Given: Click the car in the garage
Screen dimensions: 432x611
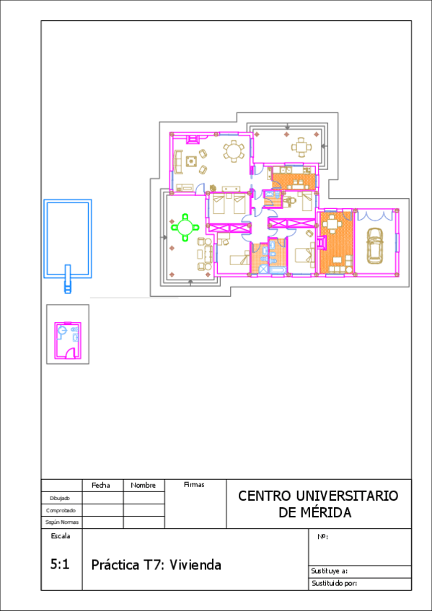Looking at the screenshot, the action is [375, 245].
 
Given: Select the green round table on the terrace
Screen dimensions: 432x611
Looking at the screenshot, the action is [186, 227].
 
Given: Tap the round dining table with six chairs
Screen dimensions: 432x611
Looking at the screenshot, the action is [234, 151].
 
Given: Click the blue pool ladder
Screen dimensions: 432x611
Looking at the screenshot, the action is [68, 279].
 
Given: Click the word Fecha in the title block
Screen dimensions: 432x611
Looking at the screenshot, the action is [100, 485].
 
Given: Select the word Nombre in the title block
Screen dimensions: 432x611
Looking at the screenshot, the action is [143, 485].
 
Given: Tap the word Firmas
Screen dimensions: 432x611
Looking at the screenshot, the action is [194, 485].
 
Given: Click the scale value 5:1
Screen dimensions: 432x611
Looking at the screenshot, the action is [60, 564].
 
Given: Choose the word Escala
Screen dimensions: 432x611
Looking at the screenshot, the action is [61, 536].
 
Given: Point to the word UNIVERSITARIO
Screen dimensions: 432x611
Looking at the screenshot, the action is [347, 496].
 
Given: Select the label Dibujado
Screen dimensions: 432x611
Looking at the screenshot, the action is [60, 499].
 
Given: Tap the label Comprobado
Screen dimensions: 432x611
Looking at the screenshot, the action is [61, 510].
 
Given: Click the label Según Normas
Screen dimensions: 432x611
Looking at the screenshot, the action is [61, 522].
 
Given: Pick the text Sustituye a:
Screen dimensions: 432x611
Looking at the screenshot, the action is [330, 571].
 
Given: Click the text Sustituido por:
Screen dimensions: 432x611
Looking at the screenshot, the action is [335, 584].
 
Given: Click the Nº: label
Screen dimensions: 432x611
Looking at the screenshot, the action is [322, 537].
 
